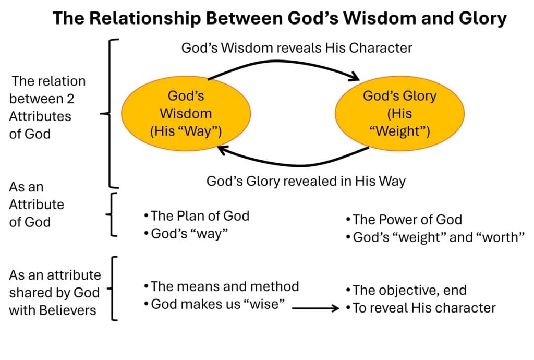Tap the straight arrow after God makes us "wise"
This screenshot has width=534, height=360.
pyautogui.click(x=315, y=308)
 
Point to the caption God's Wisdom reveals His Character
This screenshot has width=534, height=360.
pyautogui.click(x=296, y=48)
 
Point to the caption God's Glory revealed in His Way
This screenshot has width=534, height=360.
pyautogui.click(x=306, y=182)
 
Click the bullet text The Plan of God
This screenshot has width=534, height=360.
pyautogui.click(x=200, y=215)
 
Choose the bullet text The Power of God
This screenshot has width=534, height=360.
pyautogui.click(x=407, y=220)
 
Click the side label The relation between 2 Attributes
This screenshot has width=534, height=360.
pyautogui.click(x=47, y=107)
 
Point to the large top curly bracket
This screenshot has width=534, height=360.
pyautogui.click(x=112, y=113)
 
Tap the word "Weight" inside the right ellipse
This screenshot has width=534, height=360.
pyautogui.click(x=399, y=131)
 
